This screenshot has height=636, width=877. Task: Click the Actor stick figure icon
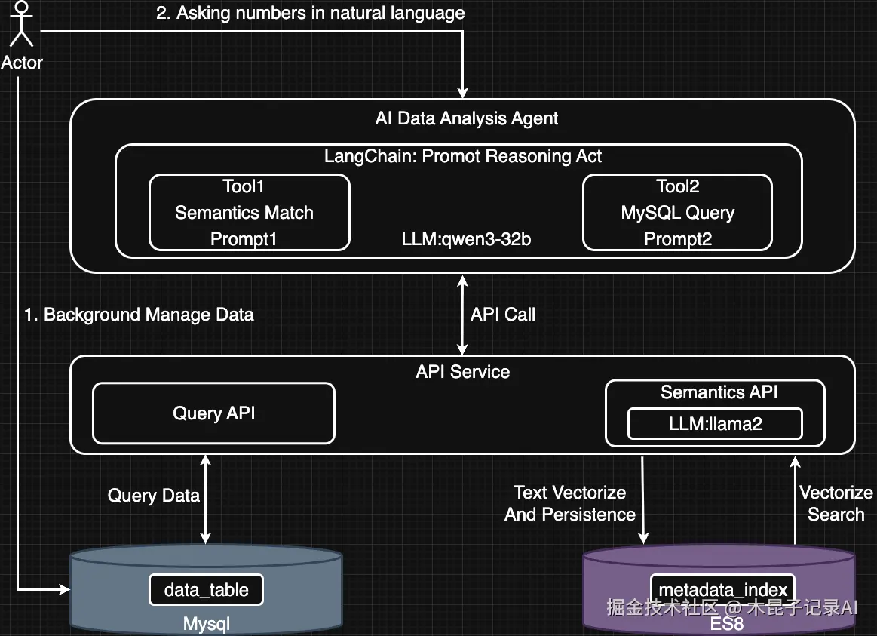(21, 25)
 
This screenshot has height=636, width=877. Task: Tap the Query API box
(213, 413)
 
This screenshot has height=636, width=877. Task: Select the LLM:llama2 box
(715, 424)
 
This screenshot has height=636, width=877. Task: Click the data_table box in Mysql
(206, 590)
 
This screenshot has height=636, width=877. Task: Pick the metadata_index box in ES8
(722, 590)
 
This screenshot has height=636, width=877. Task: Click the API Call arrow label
(502, 315)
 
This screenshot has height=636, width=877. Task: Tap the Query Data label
(153, 496)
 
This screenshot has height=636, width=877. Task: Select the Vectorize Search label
(836, 504)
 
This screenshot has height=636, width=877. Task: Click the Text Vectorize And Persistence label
(570, 504)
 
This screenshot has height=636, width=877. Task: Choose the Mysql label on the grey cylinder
(206, 624)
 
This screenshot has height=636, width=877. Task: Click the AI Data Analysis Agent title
(466, 118)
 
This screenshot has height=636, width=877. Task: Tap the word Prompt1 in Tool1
(244, 240)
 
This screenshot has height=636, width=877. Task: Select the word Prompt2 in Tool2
(677, 240)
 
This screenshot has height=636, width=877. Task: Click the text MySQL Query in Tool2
(677, 214)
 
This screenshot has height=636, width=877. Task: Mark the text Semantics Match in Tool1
(244, 214)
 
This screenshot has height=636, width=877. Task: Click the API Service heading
(462, 372)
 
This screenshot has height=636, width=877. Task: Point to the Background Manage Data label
(139, 315)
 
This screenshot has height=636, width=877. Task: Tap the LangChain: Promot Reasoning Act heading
(463, 156)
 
